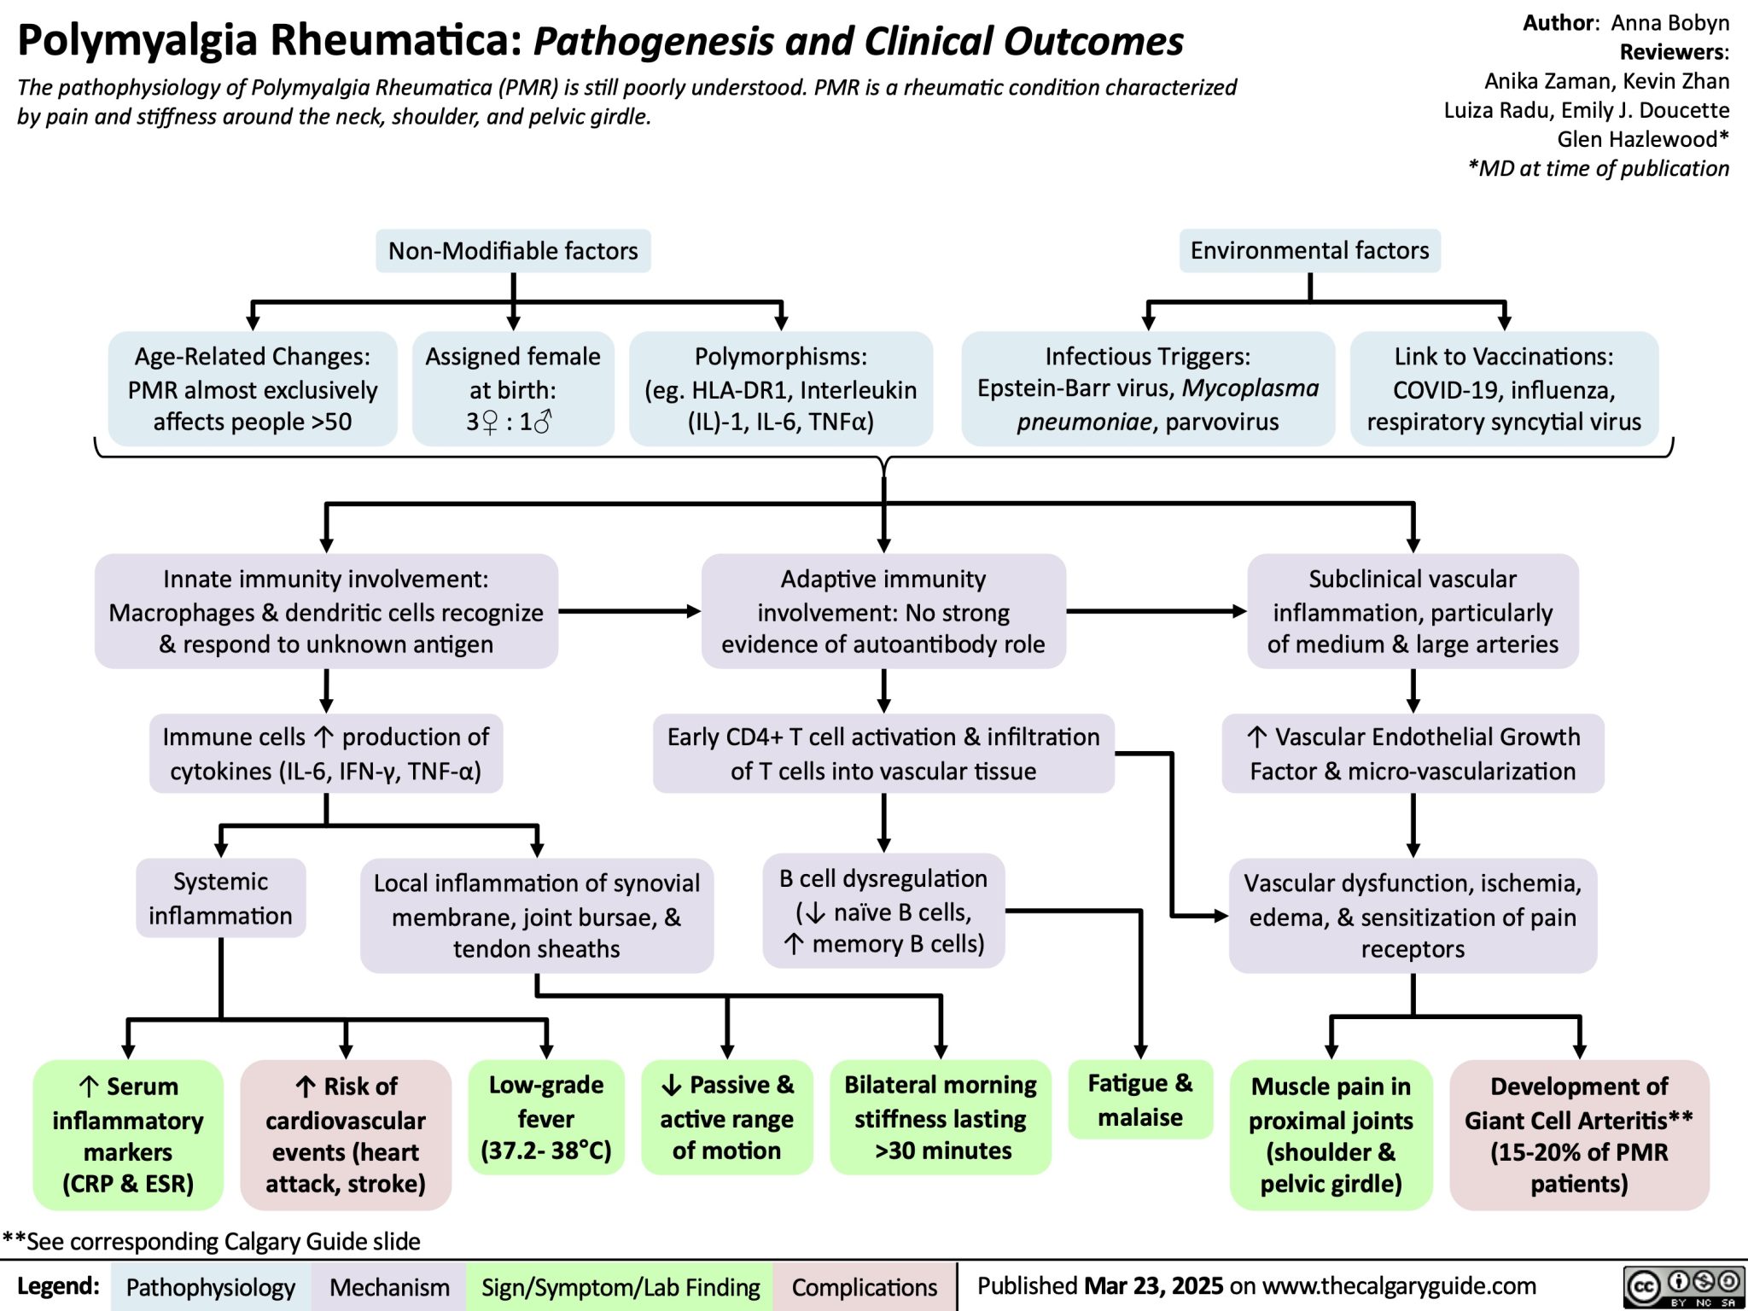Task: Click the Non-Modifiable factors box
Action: [x=513, y=251]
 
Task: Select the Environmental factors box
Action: [x=1309, y=250]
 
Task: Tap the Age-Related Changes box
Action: [x=253, y=389]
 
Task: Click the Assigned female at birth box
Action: [x=513, y=389]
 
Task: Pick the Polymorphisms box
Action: [x=780, y=389]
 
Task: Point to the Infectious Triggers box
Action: [x=1147, y=389]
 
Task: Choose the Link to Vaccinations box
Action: [x=1503, y=389]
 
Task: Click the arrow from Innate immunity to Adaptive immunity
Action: [x=629, y=611]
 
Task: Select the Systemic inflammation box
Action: [x=220, y=898]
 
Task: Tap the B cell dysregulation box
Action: [x=883, y=911]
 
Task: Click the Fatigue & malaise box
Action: [x=1140, y=1099]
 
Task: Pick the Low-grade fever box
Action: [x=546, y=1117]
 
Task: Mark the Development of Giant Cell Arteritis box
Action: [x=1578, y=1134]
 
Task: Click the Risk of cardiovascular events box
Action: [x=346, y=1134]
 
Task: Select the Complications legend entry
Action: [x=864, y=1287]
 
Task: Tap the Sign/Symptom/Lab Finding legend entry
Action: [x=621, y=1287]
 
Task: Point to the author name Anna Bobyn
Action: [x=1669, y=23]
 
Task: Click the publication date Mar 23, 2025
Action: [x=1153, y=1286]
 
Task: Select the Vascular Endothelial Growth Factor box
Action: [x=1413, y=754]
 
